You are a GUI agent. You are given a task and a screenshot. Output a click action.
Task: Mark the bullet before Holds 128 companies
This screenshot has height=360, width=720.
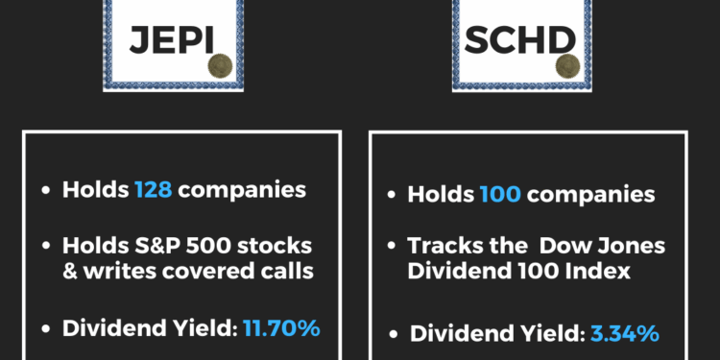click(45, 190)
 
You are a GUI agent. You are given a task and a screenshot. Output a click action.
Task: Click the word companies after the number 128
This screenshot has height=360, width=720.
click(241, 189)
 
